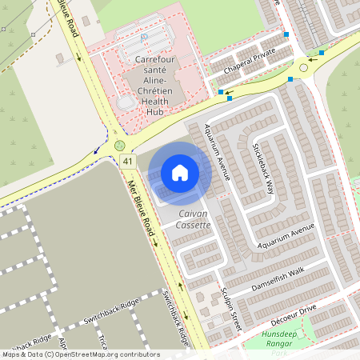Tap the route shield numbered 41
pyautogui.click(x=128, y=162)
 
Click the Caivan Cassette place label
pyautogui.click(x=194, y=219)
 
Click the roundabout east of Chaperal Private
pyautogui.click(x=304, y=68)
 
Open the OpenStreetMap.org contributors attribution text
pyautogui.click(x=82, y=354)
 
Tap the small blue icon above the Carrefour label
pyautogui.click(x=145, y=38)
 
